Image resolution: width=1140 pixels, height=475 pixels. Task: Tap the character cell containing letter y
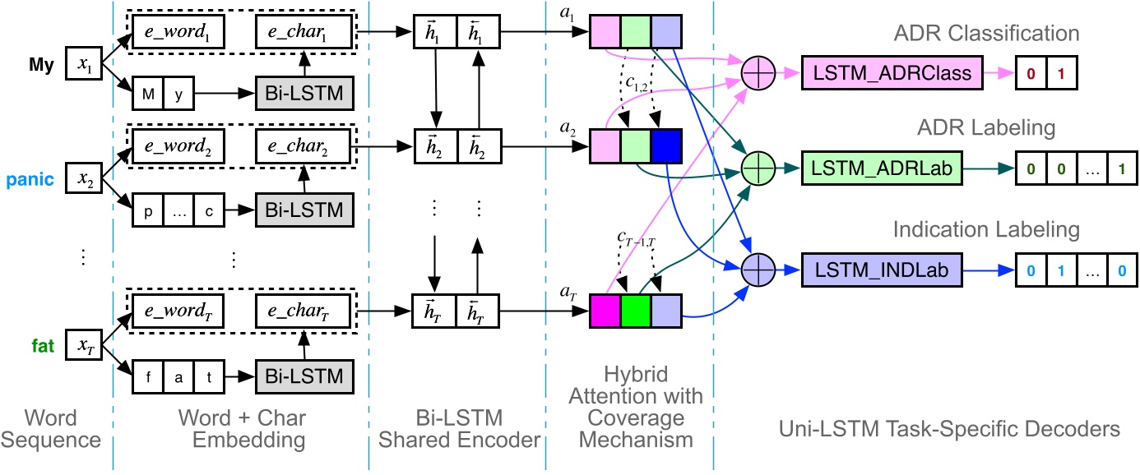tap(178, 94)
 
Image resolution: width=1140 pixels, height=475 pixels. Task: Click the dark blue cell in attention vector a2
tap(666, 146)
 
